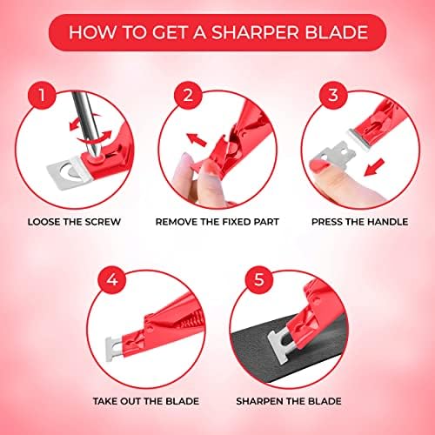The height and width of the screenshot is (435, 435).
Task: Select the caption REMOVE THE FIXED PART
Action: tap(217, 221)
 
